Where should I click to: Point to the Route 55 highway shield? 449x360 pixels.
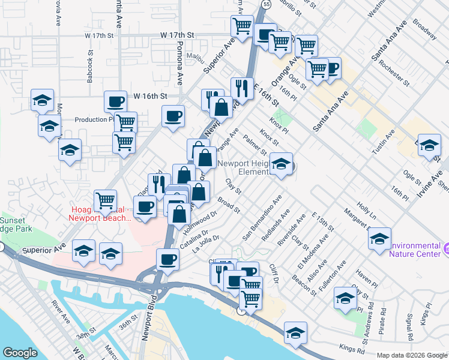pos(265,3)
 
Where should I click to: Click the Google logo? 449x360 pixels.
pos(20,353)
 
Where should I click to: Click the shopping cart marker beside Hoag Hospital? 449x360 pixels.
pos(106,200)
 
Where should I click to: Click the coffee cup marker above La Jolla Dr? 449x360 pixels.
pos(168,260)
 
